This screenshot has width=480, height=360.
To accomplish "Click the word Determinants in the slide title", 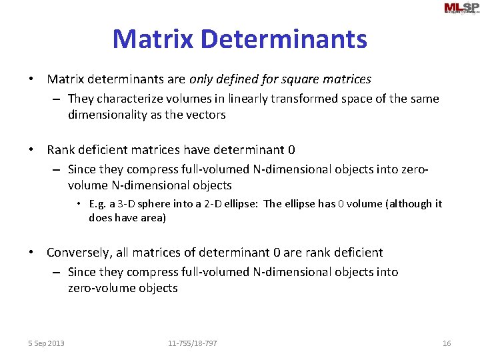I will pos(285,39).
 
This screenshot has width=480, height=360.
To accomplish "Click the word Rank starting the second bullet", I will pos(61,150).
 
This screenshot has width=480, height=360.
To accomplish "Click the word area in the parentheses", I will pos(151,217).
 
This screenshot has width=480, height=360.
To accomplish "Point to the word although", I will pos(409,204).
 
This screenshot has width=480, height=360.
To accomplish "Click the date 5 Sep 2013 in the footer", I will pos(46,343).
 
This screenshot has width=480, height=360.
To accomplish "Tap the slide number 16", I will pos(447,343).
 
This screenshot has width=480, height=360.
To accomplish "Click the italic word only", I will pos(202,79).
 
